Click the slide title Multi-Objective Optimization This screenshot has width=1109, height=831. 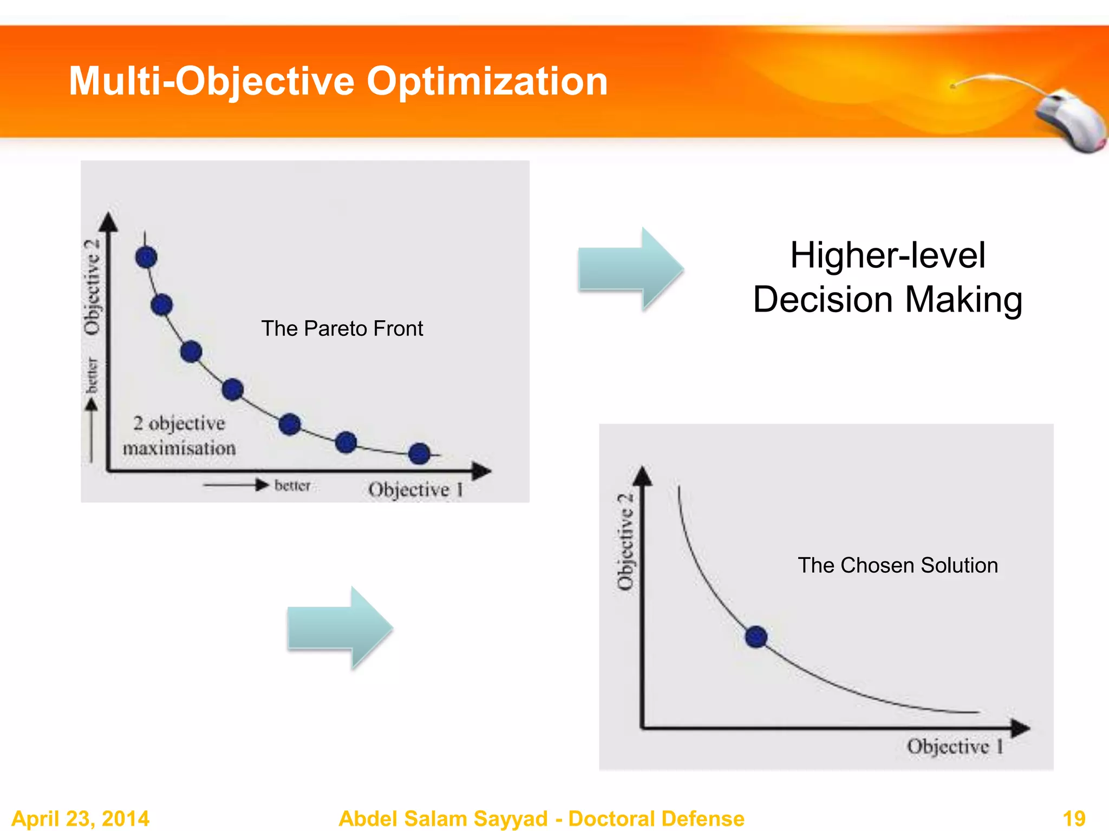click(x=338, y=81)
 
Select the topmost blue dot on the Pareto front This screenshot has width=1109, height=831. click(x=146, y=257)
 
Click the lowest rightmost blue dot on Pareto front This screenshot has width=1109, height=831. click(x=419, y=453)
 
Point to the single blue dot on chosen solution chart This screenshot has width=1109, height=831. click(x=756, y=637)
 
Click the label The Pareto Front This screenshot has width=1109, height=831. click(x=342, y=328)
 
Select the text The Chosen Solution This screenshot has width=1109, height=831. click(x=897, y=565)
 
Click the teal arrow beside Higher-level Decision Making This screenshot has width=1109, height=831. click(x=630, y=269)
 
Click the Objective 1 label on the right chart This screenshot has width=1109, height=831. click(x=955, y=747)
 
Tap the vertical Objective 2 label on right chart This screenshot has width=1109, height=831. click(x=625, y=541)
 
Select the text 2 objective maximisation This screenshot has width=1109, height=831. click(x=179, y=436)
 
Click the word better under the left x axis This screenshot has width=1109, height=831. click(x=292, y=485)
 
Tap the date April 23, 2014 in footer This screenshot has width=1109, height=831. click(x=80, y=818)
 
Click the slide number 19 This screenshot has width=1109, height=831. click(x=1074, y=818)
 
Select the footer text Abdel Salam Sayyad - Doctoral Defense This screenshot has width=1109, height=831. click(x=541, y=818)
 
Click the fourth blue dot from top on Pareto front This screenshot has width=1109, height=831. click(x=232, y=390)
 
